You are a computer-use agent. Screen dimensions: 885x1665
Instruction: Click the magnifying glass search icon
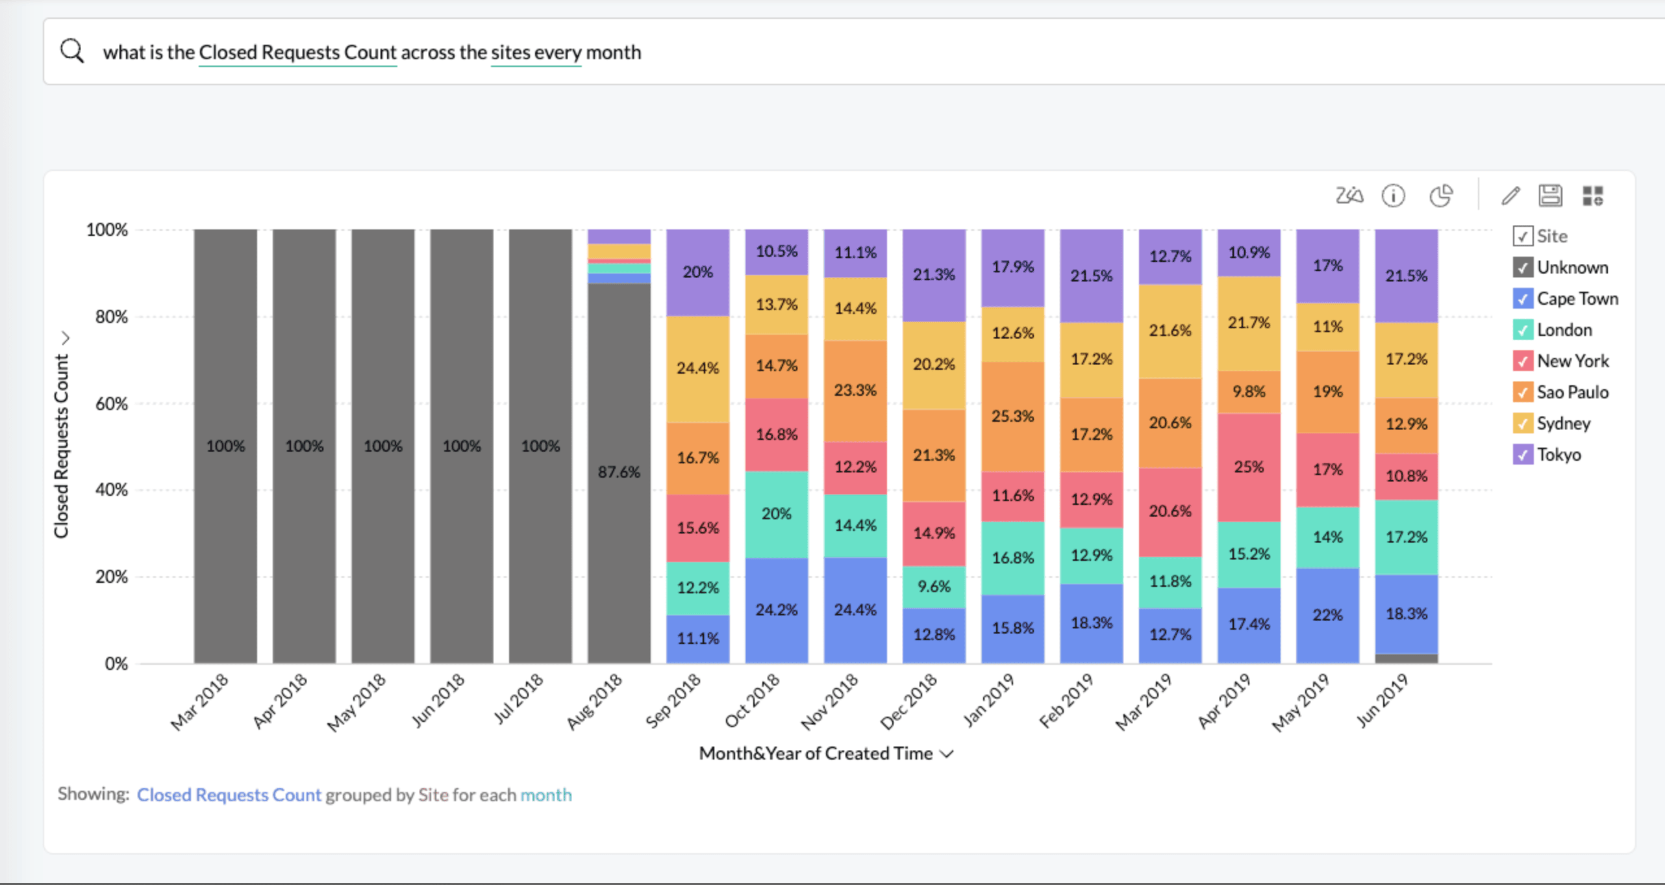pyautogui.click(x=72, y=51)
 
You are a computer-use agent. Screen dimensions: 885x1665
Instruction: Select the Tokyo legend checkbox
pyautogui.click(x=1523, y=454)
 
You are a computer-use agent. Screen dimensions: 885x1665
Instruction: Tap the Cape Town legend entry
pyautogui.click(x=1577, y=299)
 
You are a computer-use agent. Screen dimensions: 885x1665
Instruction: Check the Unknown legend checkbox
pyautogui.click(x=1523, y=267)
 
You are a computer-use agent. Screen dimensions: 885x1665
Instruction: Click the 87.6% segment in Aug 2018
pyautogui.click(x=619, y=472)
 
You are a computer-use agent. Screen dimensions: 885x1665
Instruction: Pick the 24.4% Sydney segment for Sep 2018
pyautogui.click(x=697, y=368)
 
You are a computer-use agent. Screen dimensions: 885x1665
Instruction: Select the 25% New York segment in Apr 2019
pyautogui.click(x=1249, y=467)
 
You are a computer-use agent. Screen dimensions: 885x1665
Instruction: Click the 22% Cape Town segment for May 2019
pyautogui.click(x=1327, y=615)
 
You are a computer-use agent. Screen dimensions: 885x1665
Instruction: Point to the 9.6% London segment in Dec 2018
pyautogui.click(x=934, y=587)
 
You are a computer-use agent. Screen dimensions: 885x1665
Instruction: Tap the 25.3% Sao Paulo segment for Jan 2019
pyautogui.click(x=1012, y=416)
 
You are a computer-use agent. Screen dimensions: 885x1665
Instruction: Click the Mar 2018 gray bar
pyautogui.click(x=225, y=446)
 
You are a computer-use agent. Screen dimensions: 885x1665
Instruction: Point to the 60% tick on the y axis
pyautogui.click(x=112, y=404)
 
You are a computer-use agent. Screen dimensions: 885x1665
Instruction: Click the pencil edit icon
pyautogui.click(x=1510, y=196)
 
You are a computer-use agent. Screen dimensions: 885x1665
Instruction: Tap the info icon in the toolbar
pyautogui.click(x=1393, y=196)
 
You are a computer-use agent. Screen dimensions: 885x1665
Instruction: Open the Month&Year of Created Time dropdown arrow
pyautogui.click(x=947, y=754)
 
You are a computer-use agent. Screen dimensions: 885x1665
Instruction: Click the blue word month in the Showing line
pyautogui.click(x=545, y=795)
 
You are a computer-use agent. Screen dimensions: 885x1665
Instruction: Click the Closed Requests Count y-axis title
pyautogui.click(x=61, y=446)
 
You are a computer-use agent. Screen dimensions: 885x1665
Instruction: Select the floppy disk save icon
pyautogui.click(x=1550, y=196)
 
